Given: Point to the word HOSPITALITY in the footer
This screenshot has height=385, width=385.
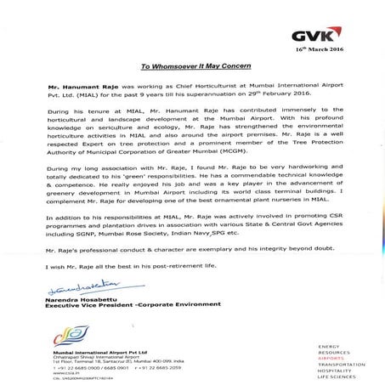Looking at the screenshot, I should coord(334,370).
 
